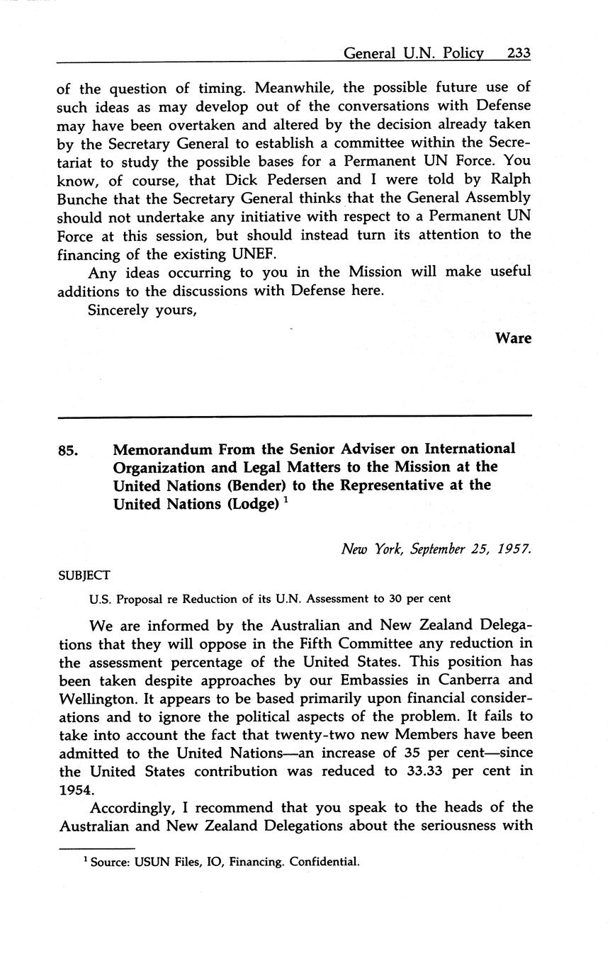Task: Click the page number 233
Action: pyautogui.click(x=519, y=53)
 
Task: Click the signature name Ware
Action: pyautogui.click(x=513, y=338)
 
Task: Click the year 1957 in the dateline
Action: pyautogui.click(x=514, y=549)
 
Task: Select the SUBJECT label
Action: pyautogui.click(x=84, y=575)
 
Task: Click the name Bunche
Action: pyautogui.click(x=84, y=198)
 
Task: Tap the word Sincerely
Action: pyautogui.click(x=117, y=309)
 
